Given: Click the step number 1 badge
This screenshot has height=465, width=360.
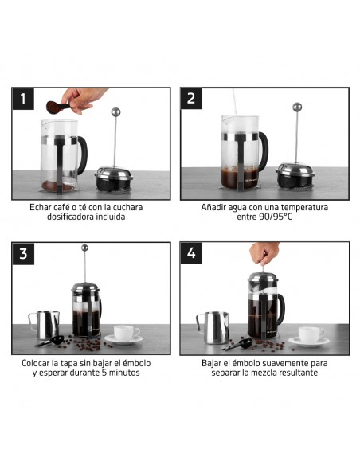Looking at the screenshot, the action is click(23, 99).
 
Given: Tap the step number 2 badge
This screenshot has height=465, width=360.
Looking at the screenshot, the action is click(191, 99).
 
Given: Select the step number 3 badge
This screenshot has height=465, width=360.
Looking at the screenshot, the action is click(23, 254).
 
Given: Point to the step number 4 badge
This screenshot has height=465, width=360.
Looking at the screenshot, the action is click(191, 253).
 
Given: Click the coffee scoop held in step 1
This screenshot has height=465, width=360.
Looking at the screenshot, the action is click(57, 107).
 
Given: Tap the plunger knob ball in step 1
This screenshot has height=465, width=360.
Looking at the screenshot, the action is click(115, 112).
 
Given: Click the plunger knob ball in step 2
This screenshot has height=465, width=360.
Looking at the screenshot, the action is click(297, 107).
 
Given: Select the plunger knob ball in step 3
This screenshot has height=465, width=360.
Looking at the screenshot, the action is click(84, 248).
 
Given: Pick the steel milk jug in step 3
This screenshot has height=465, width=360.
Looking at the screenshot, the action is click(45, 325).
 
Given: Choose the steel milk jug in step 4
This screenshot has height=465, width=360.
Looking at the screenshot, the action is click(213, 327).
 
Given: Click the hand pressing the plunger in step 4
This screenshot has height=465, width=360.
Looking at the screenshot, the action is click(264, 253).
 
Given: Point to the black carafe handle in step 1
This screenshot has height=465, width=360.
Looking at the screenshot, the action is click(83, 155).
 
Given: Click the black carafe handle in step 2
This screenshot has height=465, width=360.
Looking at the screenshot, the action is click(264, 151).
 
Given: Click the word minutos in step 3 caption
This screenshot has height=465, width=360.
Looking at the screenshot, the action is click(124, 373).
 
